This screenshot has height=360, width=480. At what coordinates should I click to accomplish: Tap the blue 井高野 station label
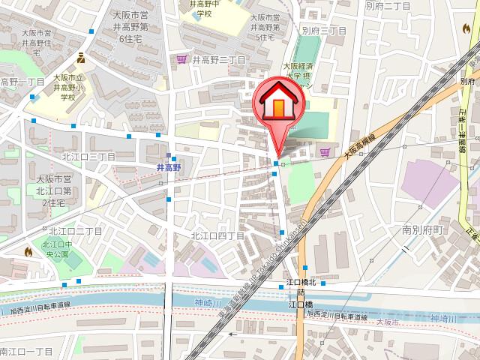click(x=170, y=168)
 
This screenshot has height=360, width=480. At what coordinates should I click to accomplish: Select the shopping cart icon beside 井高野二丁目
click(x=181, y=59)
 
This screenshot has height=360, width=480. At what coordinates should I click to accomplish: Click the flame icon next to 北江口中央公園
click(x=28, y=252)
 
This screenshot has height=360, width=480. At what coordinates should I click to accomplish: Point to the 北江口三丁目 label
click(x=88, y=157)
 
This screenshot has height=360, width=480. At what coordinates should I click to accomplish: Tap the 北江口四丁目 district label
click(x=217, y=235)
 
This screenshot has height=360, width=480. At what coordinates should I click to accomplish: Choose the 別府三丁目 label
click(x=323, y=31)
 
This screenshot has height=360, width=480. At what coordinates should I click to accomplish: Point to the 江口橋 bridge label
click(x=300, y=304)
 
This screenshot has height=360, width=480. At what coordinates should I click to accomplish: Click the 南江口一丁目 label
click(x=26, y=350)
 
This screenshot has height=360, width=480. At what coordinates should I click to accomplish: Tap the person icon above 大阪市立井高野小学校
click(x=81, y=57)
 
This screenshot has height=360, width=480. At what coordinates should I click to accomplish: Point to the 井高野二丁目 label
click(x=218, y=59)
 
